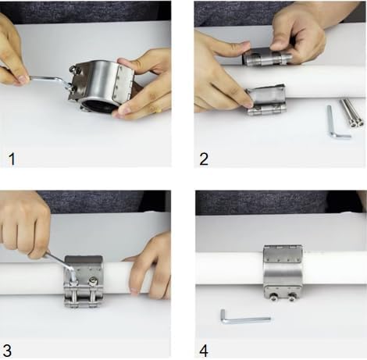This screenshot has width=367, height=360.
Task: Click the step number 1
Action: click(12, 159)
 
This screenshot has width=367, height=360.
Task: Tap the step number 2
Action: click(205, 159)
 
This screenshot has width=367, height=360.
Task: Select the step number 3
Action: click(11, 349)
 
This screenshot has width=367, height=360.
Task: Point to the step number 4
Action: click(205, 349)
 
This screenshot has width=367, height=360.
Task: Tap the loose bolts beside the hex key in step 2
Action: click(351, 112)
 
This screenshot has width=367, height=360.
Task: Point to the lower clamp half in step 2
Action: click(266, 100)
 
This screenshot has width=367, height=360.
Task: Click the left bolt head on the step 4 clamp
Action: click(273, 296)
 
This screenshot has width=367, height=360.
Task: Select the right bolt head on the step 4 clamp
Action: click(293, 296)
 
